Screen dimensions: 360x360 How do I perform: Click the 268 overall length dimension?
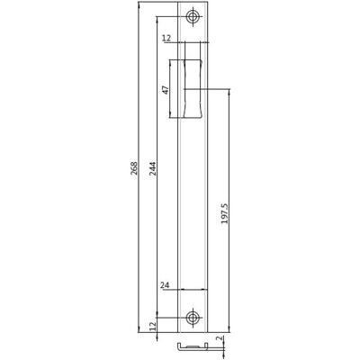click(134, 168)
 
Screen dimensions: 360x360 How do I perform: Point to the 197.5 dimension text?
click(225, 213)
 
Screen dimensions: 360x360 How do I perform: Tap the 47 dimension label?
click(166, 90)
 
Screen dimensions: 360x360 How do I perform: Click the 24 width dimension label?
click(165, 285)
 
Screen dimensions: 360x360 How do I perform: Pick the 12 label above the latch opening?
click(166, 38)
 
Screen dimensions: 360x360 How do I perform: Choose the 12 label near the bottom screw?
click(152, 326)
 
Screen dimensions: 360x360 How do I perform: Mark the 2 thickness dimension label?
click(220, 337)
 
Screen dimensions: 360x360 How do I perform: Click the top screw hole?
click(192, 16)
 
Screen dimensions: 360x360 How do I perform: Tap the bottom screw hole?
click(192, 318)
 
